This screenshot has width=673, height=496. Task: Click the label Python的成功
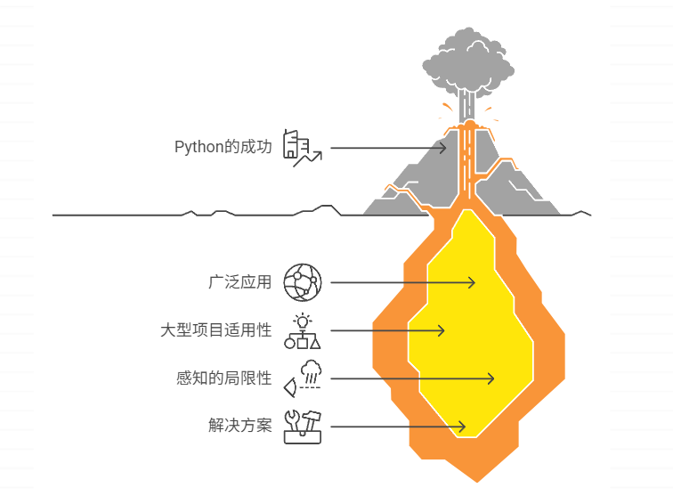click(x=223, y=147)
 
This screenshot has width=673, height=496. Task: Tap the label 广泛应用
click(x=239, y=283)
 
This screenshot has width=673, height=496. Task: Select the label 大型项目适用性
click(x=215, y=330)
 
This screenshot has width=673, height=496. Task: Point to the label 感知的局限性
click(x=223, y=378)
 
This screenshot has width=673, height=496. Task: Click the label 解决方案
click(x=239, y=426)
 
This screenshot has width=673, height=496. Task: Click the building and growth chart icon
click(x=301, y=148)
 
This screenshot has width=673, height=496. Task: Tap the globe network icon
click(x=301, y=283)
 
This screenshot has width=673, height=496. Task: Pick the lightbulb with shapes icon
click(x=302, y=330)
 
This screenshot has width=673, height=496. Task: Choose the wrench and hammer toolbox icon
click(x=302, y=426)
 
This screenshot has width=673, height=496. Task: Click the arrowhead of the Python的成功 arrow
click(x=446, y=147)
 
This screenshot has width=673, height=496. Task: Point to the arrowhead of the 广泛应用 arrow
click(x=473, y=283)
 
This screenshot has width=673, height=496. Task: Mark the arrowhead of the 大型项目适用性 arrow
click(x=442, y=330)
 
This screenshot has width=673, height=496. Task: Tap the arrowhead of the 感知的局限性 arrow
click(x=491, y=378)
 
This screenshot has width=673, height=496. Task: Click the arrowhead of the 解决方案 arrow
click(x=462, y=427)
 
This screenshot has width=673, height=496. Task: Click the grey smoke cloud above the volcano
click(x=467, y=62)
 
